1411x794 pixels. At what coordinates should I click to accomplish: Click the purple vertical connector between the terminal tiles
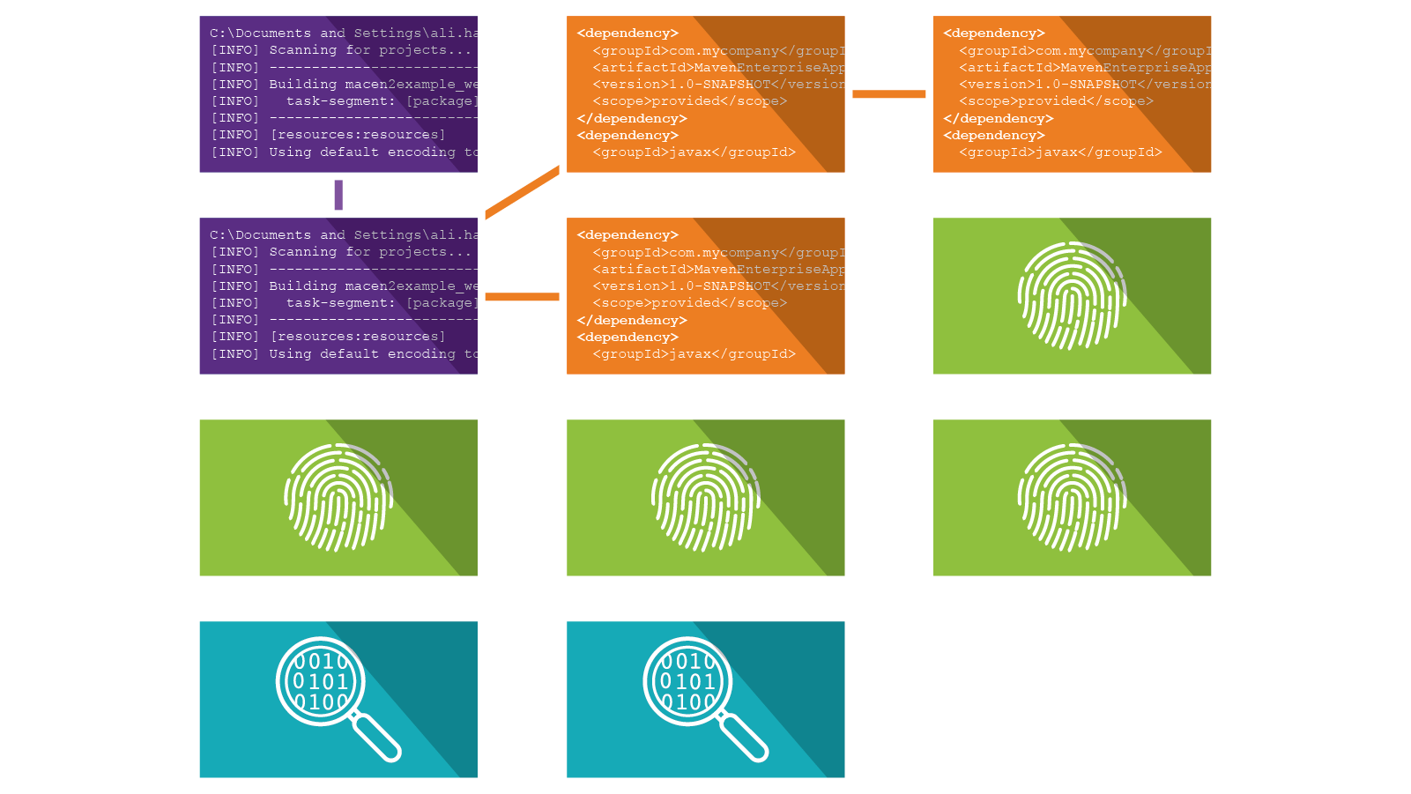point(338,195)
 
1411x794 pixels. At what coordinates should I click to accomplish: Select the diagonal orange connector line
point(522,192)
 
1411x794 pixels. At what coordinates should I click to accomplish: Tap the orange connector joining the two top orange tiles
point(888,94)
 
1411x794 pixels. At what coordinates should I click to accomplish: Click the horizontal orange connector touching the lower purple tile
point(522,297)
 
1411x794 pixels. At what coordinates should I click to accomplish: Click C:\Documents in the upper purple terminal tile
point(260,33)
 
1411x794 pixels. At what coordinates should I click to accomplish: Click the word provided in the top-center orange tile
point(686,101)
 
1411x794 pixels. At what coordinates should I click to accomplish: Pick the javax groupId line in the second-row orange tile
point(694,354)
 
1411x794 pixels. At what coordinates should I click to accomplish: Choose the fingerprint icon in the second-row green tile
point(1072,295)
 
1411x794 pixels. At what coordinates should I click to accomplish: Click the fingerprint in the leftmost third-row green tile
point(338,497)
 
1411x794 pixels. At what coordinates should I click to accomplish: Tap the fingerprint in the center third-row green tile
point(705,497)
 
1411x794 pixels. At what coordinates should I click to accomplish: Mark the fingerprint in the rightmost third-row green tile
point(1072,497)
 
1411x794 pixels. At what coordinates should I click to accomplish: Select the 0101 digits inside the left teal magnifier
point(320,681)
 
